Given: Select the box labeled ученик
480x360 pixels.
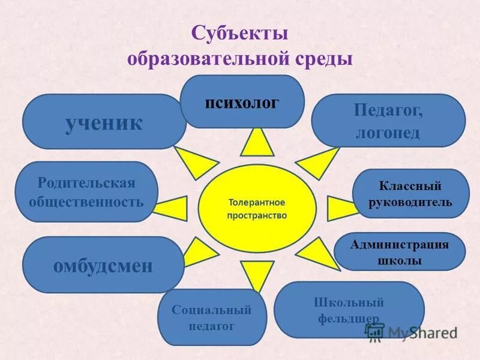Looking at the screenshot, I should tap(104, 122).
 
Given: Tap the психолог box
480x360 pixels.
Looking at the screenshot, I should tap(242, 102).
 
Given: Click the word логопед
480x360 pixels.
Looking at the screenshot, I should tap(387, 132).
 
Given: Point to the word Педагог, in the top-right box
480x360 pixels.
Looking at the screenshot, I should tap(388, 111).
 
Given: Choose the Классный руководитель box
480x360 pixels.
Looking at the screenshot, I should tap(410, 194).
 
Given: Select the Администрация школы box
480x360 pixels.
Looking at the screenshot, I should tap(399, 252).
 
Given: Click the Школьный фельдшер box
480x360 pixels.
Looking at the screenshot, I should tap(349, 310).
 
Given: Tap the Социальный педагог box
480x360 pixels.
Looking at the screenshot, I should tap(211, 317).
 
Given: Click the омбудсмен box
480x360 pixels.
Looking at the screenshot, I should tap(103, 265).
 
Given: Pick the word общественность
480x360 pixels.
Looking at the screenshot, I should tap(86, 201).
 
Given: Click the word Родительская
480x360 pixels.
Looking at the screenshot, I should tap(86, 182).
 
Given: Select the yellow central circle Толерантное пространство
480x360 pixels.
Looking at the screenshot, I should tap(257, 208).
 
